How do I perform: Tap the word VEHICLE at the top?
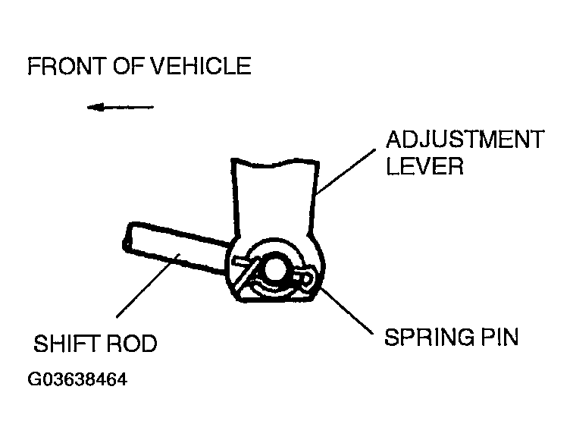(x=201, y=66)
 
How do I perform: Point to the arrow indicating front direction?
(x=121, y=107)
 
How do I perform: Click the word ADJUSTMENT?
(x=465, y=139)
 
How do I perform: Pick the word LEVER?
(x=424, y=166)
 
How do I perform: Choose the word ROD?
(x=132, y=343)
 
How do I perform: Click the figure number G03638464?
(x=77, y=379)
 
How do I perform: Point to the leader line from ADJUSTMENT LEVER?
(x=346, y=171)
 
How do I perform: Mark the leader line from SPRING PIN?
(x=347, y=311)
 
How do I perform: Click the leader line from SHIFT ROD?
(x=148, y=285)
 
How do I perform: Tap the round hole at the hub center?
(x=274, y=270)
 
